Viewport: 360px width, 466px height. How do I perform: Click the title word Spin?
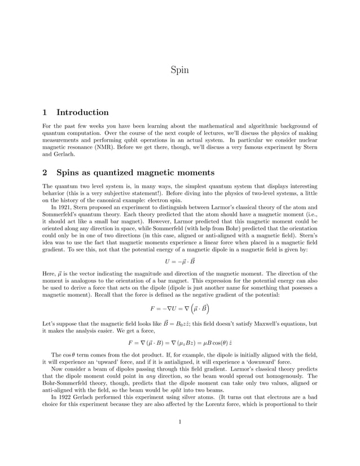[x=179, y=71]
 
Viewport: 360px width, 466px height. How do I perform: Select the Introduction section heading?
[x=82, y=112]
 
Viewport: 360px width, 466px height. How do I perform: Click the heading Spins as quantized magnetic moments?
[x=135, y=172]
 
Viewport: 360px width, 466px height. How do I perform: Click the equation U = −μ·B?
[x=179, y=261]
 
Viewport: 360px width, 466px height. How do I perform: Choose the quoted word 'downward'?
[x=267, y=361]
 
